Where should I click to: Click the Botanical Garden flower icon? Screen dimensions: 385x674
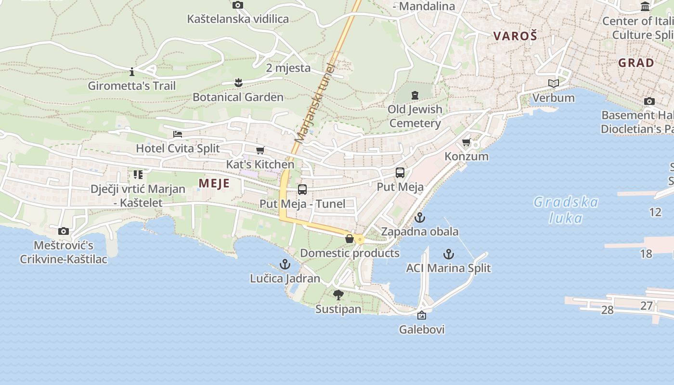click(238, 83)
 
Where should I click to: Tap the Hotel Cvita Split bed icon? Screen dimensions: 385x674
click(178, 134)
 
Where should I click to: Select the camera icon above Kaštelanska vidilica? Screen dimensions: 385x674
click(238, 5)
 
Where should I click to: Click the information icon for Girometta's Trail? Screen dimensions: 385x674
click(132, 72)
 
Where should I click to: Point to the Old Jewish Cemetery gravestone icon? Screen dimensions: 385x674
click(415, 95)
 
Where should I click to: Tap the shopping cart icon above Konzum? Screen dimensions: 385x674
click(466, 142)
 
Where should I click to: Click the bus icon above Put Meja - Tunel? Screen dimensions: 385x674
click(302, 190)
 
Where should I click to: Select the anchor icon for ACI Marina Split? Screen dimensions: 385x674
click(449, 254)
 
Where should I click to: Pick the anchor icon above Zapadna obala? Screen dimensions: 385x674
click(420, 218)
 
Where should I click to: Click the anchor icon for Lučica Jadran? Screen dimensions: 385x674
click(285, 264)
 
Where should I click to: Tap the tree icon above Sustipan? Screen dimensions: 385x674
click(338, 295)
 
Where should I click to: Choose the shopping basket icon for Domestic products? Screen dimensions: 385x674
click(350, 239)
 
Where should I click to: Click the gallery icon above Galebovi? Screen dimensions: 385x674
click(422, 315)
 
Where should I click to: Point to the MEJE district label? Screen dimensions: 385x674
click(214, 183)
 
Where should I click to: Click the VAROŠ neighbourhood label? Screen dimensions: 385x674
click(515, 36)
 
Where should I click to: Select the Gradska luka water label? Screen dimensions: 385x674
click(566, 210)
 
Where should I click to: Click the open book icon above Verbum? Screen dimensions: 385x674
click(554, 84)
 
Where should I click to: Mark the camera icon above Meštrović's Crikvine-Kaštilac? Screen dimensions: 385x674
click(63, 231)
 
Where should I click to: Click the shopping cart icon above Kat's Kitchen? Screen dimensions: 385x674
click(260, 150)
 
